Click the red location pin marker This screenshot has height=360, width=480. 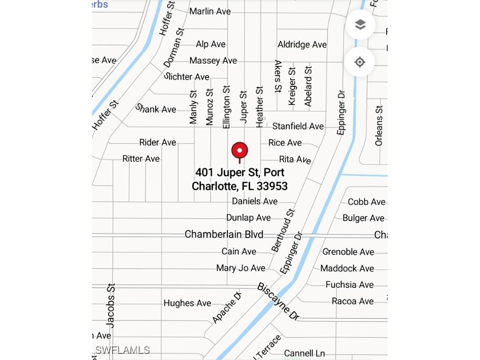coord(240,151)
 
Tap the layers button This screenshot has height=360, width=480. coord(360,25)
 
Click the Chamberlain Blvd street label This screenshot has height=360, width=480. coord(224,234)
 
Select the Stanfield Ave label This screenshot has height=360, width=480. coord(298,126)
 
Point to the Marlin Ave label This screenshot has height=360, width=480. coord(210,11)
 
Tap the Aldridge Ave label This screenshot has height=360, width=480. coord(302,45)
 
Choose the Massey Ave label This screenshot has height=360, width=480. coord(213,61)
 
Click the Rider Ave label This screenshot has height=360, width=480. coord(157,142)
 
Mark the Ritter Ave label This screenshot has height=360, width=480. coord(141,159)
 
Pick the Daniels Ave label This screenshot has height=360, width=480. coord(255,202)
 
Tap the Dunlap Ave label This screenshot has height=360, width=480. coord(248,218)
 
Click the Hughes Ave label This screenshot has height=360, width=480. coord(187,303)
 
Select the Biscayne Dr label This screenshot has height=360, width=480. coord(278,301)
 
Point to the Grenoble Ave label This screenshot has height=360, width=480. coord(348,252)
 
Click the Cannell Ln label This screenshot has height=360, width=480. coord(305,353)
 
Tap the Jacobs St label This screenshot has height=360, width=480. coord(111,305)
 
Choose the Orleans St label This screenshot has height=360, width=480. coord(379,125)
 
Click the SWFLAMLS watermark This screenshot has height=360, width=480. coord(122,350)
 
